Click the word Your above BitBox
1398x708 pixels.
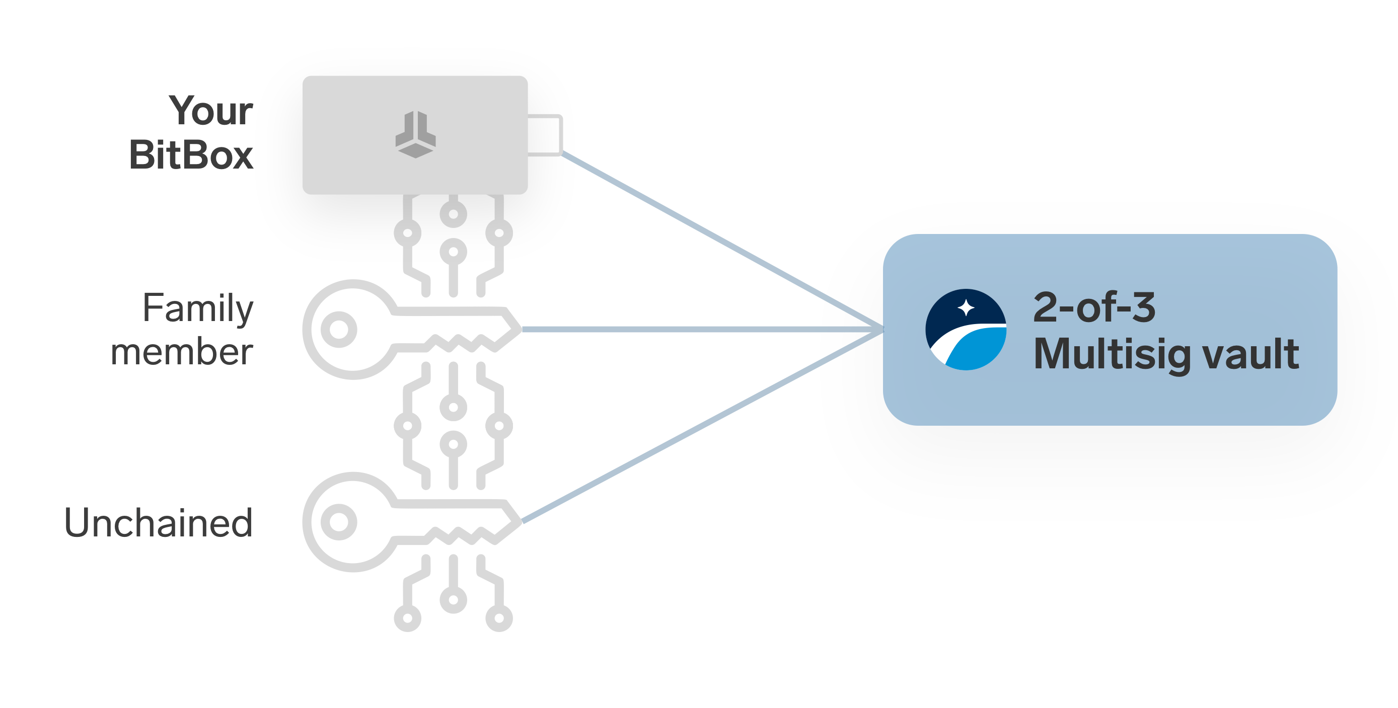211,111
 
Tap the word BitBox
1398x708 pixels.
191,155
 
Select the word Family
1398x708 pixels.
198,308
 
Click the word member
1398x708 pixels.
182,352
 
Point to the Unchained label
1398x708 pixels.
159,523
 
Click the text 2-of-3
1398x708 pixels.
1094,307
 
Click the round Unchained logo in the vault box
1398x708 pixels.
966,329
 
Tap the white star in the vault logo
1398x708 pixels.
966,307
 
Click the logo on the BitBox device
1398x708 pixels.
415,134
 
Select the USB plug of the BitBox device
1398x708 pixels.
545,135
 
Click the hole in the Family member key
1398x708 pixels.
339,329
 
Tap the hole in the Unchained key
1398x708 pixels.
339,522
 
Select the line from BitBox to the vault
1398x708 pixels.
722,241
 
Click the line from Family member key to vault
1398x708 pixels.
700,329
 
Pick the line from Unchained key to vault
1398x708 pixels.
700,426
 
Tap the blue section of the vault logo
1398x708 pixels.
977,350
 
